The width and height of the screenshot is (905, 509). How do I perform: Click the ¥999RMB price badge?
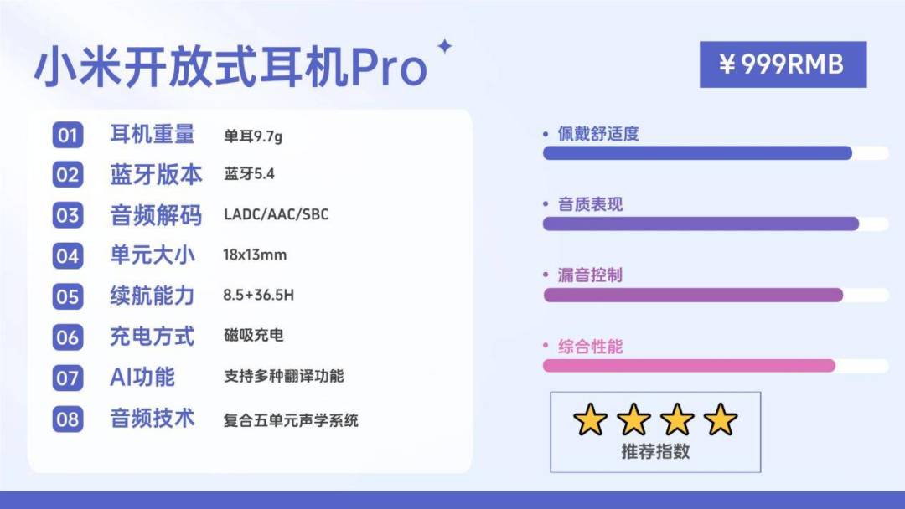pos(783,64)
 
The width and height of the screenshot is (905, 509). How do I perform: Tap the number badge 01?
pos(68,135)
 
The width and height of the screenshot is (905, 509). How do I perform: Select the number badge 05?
pos(68,296)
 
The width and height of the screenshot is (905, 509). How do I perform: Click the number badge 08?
pos(68,419)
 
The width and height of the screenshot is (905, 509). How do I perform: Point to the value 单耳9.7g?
pos(253,136)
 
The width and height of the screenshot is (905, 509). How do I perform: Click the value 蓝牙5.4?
pos(250,174)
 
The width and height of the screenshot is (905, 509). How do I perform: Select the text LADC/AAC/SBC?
pos(276,214)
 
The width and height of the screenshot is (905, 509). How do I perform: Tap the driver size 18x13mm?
pos(255,254)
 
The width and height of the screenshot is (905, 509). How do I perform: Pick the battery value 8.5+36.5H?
pos(259,296)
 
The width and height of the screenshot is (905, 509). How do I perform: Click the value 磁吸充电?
pos(253,335)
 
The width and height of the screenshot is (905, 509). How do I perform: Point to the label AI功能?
pos(142,378)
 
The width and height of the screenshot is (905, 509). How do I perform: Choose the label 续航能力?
pos(153,296)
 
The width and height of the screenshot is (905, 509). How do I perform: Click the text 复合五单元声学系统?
pos(291,420)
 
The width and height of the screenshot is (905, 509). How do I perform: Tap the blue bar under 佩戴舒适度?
pos(697,152)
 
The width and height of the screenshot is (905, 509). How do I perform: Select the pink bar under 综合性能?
pos(689,366)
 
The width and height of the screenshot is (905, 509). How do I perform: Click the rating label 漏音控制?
pos(590,275)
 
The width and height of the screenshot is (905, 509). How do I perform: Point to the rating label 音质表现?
pos(590,204)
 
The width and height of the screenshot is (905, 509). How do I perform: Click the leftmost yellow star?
pos(590,419)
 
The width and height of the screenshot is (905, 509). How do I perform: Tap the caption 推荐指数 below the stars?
pos(655,451)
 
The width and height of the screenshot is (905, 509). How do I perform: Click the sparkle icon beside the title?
pos(444,46)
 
